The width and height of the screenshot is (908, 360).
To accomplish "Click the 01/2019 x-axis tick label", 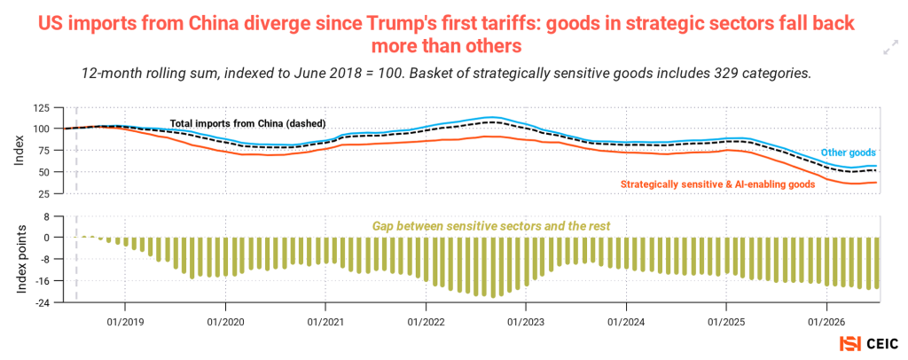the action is pos(124,318).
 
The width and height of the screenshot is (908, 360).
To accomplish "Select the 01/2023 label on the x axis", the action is pos(525,318).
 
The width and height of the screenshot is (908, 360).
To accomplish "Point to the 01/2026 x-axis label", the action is pos(826,318).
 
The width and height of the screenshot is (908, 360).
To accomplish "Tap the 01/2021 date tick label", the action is pos(325,318).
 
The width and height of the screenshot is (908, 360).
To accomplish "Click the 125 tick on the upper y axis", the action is pos(43,107).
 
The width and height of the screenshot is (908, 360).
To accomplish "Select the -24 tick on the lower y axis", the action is pos(43,302).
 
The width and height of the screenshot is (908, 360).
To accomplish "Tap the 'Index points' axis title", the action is pos(21,258).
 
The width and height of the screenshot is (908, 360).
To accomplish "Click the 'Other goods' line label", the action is pos(849,153).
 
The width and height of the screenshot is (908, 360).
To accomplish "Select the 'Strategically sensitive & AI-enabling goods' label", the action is pos(718,184).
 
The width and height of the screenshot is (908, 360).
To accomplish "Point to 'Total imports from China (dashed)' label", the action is pos(248,123).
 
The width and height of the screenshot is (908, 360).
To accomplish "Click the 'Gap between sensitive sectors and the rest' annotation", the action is pos(491,226).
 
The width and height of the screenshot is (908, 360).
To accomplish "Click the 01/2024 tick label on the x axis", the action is pos(625,318).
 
